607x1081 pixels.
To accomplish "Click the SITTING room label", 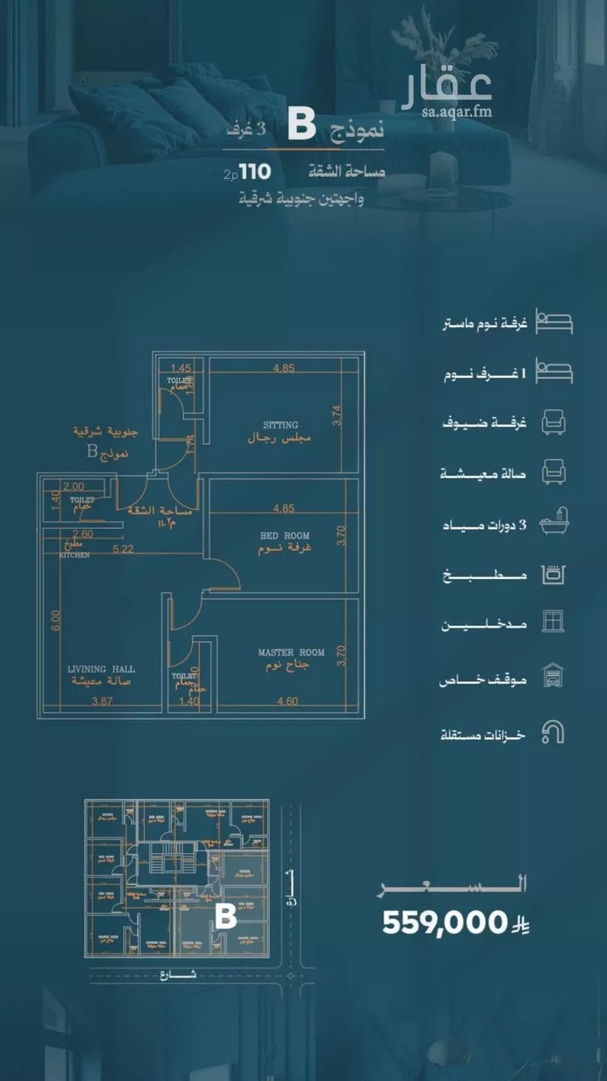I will tap(280, 424).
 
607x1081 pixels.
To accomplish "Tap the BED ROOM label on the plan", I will tap(285, 535).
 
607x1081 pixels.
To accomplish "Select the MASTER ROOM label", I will tap(291, 652).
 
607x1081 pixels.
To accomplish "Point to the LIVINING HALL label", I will tap(101, 670).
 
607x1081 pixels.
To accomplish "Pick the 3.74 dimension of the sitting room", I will tap(338, 415).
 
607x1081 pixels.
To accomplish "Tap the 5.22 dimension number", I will tap(122, 548).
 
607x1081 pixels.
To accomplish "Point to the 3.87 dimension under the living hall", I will tap(102, 701).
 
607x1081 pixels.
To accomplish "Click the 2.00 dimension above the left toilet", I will tap(73, 487).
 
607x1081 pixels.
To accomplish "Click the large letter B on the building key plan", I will tap(225, 916).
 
